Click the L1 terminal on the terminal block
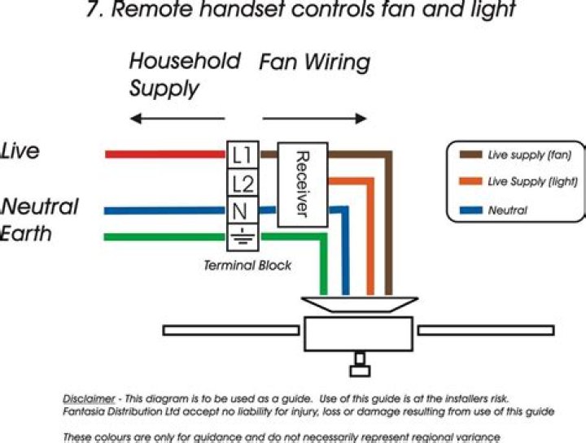[x=243, y=154]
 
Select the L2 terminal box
[x=243, y=182]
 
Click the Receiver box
[x=302, y=185]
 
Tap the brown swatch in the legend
[x=470, y=154]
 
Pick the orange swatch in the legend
[x=470, y=182]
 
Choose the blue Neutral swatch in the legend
[x=470, y=211]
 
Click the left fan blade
[x=232, y=331]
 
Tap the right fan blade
[x=486, y=331]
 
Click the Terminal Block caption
[x=247, y=266]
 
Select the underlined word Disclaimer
[x=89, y=398]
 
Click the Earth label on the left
[x=27, y=234]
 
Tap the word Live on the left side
[x=20, y=151]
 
